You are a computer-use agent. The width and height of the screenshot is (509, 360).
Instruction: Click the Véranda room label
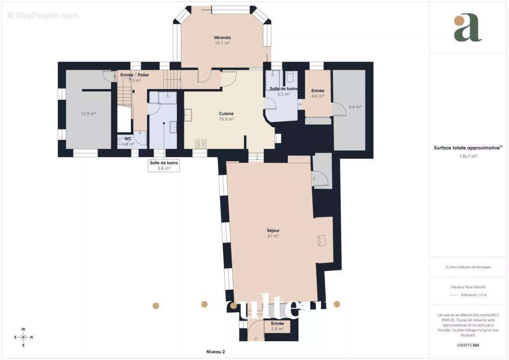tap(222, 37)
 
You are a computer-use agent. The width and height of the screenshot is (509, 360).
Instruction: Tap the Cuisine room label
tap(226, 114)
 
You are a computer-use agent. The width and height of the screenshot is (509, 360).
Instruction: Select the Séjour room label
tap(273, 230)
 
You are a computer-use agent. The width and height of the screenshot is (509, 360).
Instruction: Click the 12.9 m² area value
tap(88, 114)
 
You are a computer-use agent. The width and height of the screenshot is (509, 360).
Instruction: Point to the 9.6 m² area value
tap(355, 107)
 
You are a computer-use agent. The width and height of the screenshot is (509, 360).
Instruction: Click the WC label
tap(128, 139)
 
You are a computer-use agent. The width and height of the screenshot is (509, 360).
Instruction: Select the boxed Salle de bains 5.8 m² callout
tap(164, 166)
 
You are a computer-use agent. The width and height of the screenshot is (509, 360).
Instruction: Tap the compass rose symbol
tap(23, 337)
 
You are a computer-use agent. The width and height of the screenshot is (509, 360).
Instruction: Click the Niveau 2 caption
tap(215, 351)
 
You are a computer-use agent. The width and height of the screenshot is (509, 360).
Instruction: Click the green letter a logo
tap(468, 28)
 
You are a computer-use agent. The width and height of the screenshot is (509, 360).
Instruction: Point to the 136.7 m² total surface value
tap(468, 156)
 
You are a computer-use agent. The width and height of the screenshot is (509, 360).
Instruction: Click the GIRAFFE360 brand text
tap(468, 345)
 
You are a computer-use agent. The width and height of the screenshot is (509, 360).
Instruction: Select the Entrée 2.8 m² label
tap(277, 326)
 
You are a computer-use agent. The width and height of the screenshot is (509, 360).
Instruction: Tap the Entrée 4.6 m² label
tap(318, 93)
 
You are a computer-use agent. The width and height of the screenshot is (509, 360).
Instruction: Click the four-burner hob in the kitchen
tap(201, 144)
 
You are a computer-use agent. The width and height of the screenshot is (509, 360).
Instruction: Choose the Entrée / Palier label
tap(135, 75)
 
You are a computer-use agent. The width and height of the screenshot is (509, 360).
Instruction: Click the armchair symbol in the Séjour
tap(321, 240)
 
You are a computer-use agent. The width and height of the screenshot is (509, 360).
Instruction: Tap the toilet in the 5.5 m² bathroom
tap(290, 75)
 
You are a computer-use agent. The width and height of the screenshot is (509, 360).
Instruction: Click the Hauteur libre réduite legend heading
tap(468, 287)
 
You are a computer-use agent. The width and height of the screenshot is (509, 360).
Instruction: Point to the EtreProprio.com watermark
tap(43, 15)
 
